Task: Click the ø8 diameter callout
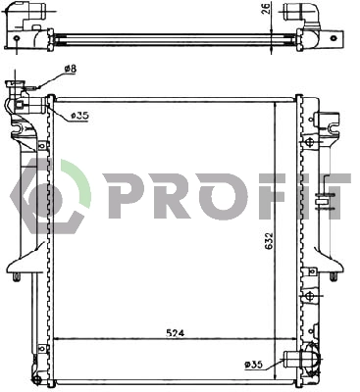[71, 70]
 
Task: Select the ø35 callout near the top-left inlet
[80, 116]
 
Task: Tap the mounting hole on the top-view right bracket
[334, 38]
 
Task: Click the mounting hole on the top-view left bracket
[18, 38]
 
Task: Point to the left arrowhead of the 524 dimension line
[56, 338]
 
